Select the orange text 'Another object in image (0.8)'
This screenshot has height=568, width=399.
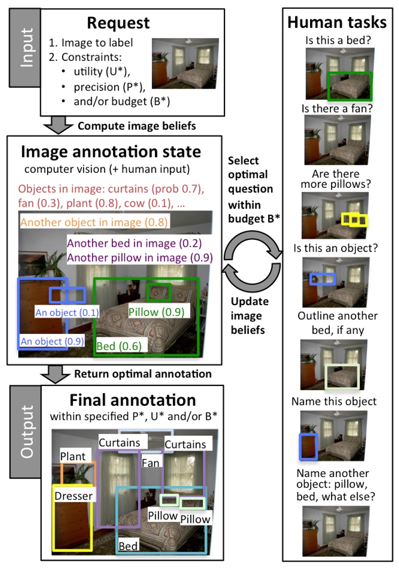[94, 222]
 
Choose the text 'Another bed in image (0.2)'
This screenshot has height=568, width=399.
[126, 243]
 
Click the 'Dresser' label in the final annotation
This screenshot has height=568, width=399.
[73, 495]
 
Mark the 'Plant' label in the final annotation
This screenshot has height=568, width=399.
[73, 456]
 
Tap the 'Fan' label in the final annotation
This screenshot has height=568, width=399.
[150, 462]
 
